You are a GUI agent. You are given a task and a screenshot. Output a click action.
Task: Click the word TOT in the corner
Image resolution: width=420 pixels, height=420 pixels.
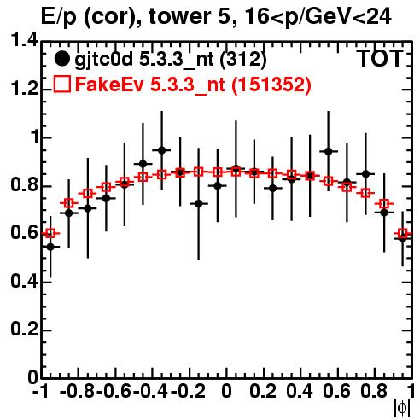380,58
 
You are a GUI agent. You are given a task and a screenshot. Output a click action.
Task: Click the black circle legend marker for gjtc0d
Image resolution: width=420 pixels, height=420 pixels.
61,59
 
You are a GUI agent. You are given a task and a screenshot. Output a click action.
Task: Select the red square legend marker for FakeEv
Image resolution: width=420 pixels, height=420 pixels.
61,85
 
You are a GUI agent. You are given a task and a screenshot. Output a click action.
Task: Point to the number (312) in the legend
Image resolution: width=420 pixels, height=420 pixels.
243,59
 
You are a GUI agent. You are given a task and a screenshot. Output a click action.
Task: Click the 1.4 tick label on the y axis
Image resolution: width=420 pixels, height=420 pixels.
24,41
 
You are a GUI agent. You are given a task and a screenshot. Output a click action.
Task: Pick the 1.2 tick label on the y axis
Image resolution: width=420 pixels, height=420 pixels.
24,89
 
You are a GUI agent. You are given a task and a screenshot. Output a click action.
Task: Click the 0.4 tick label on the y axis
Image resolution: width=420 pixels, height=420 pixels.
24,281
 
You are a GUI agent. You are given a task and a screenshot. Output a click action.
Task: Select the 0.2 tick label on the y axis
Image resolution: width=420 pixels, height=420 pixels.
24,330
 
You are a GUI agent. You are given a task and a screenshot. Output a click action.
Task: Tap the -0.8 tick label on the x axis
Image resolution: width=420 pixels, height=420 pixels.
77,391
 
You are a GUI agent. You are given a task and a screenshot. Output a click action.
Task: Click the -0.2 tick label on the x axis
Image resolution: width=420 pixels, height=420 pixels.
188,391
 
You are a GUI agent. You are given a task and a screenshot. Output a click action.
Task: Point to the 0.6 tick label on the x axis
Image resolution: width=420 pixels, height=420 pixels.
336,391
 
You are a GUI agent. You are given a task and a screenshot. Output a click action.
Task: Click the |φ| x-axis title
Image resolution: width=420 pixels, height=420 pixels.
402,408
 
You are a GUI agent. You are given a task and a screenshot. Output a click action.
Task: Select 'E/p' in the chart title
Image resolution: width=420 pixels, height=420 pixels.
59,16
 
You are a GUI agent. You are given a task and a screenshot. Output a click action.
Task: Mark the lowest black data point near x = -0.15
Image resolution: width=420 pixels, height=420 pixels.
199,204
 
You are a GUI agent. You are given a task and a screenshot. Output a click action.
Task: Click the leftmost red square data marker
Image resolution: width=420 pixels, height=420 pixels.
50,234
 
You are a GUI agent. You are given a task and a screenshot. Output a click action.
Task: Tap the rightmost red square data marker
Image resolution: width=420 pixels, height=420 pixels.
402,234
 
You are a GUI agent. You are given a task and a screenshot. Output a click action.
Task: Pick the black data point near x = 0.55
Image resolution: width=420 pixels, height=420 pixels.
329,151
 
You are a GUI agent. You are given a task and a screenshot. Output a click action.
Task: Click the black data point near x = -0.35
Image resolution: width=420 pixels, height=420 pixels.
161,150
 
